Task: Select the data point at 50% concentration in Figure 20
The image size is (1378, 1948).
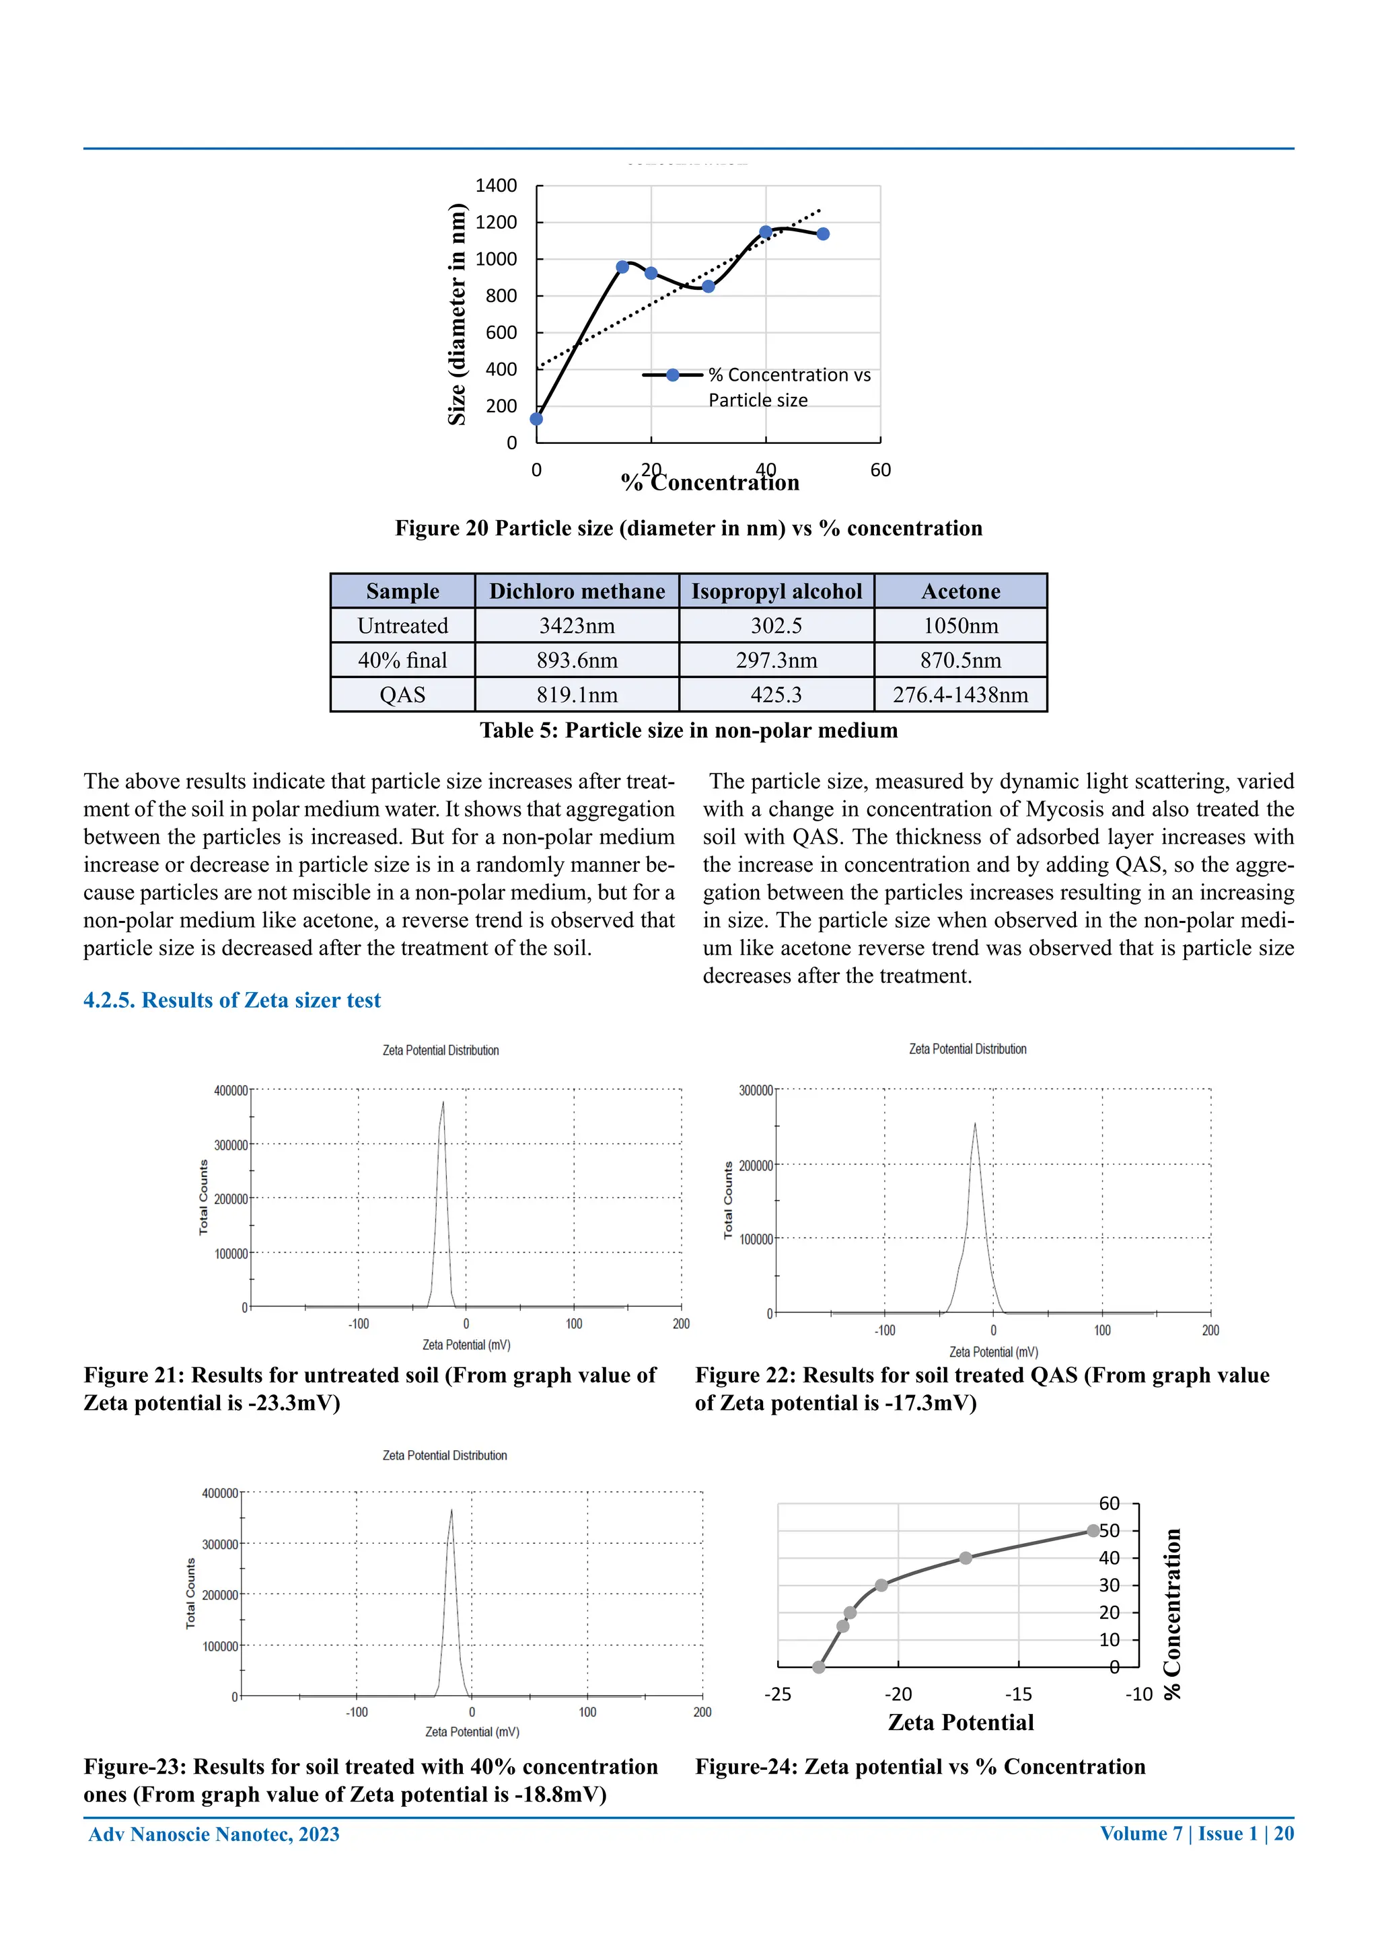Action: tap(822, 233)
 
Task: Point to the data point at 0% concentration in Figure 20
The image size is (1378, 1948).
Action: tap(536, 418)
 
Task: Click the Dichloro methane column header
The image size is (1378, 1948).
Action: tap(577, 591)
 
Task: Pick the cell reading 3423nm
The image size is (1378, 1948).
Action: tap(577, 626)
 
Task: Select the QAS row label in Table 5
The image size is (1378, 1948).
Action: tap(402, 695)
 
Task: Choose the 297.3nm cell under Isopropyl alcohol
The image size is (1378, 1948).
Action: tap(776, 660)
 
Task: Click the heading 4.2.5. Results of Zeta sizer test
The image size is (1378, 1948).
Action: tap(231, 1000)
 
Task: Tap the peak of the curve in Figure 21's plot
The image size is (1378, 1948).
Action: tap(443, 1103)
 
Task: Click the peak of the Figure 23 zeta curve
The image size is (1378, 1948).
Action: tap(451, 1510)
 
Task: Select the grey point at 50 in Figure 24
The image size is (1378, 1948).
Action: tap(1093, 1530)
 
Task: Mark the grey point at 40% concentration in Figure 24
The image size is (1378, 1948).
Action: tap(965, 1558)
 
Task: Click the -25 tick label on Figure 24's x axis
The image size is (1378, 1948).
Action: tap(777, 1694)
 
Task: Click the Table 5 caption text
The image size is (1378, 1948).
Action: tap(688, 730)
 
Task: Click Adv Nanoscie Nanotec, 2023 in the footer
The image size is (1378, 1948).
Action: tap(214, 1834)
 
